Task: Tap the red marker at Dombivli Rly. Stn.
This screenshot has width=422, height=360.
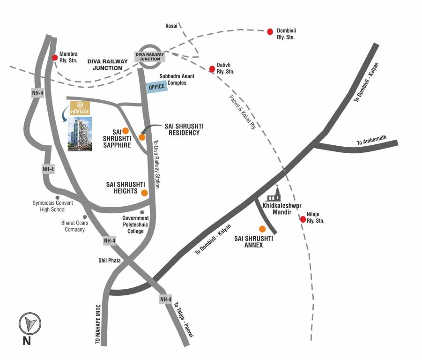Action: [x=270, y=31]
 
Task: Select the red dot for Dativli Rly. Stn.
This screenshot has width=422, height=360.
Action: [x=212, y=69]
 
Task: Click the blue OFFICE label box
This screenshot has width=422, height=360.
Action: [x=156, y=87]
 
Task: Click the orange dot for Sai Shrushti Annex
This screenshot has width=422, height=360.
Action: [x=262, y=229]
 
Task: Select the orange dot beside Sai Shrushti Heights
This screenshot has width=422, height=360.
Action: [x=144, y=193]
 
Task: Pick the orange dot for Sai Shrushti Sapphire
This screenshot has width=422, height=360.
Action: [x=126, y=131]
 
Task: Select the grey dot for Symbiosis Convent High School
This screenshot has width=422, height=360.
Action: [x=58, y=197]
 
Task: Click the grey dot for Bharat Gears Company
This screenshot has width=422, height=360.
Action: [x=85, y=217]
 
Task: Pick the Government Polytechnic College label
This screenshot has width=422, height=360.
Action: [x=135, y=225]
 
